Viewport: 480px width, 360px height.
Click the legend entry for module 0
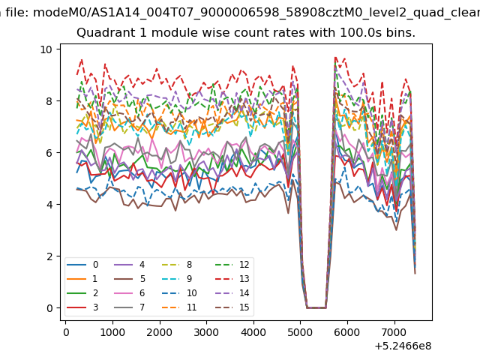tap(82, 265)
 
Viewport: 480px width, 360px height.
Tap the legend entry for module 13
tap(232, 279)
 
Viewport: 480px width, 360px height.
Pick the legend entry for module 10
tap(178, 293)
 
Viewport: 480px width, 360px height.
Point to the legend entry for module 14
tap(232, 293)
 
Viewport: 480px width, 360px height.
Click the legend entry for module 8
tap(177, 265)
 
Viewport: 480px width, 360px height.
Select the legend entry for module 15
tap(232, 307)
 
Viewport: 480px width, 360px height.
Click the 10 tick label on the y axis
tap(46, 49)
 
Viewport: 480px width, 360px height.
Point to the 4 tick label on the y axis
tap(49, 205)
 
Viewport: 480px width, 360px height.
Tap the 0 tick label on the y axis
tap(49, 308)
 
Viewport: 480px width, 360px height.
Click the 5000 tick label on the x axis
tap(300, 332)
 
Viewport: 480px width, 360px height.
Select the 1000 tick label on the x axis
tap(112, 332)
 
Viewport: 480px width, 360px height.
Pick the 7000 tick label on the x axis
tap(394, 332)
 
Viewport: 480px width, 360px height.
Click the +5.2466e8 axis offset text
tap(403, 346)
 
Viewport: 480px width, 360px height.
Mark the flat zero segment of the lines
tap(316, 307)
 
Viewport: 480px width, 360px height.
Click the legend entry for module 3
tap(82, 307)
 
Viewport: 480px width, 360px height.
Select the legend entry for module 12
tap(232, 265)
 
